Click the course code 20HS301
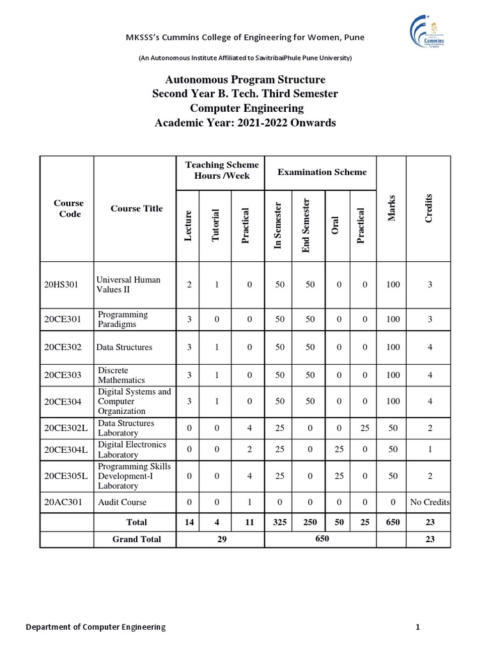coord(61,284)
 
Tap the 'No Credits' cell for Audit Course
coord(430,502)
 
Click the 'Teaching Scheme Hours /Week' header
coord(221,171)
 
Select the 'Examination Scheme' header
coord(322,172)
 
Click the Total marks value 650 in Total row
coord(392,522)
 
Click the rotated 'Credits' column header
coord(429,209)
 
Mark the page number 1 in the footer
coord(417,627)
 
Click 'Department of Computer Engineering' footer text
coord(95,627)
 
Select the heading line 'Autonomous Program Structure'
coord(245,80)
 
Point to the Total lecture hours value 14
coord(189,522)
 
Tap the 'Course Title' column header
coord(136,208)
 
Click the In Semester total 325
coord(279,522)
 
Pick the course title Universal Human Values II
coord(128,284)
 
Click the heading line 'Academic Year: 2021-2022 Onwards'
coord(245,123)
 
